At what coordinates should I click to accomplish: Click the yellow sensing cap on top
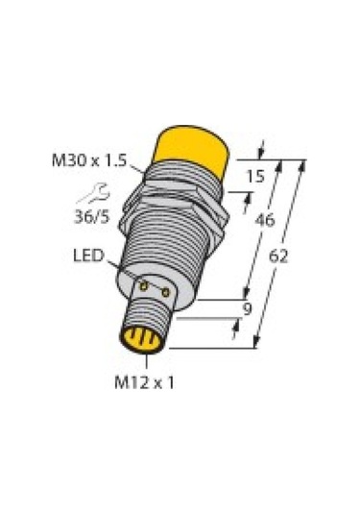pyautogui.click(x=197, y=152)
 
